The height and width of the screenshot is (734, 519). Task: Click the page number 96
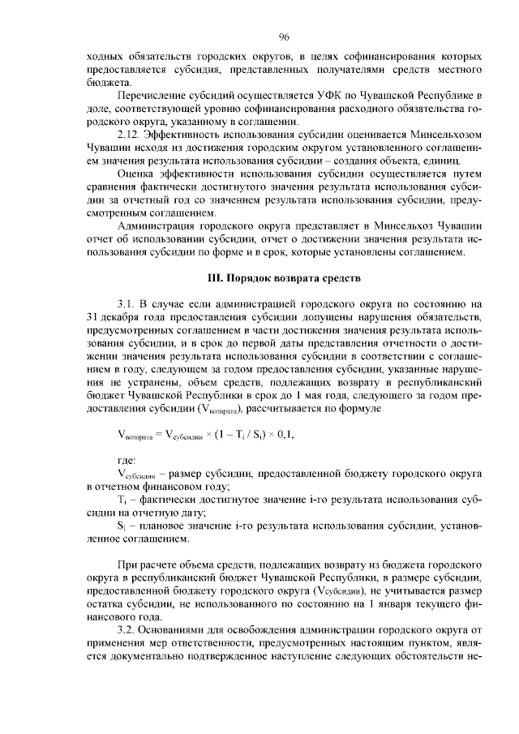coord(285,36)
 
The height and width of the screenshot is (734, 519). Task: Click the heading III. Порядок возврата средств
coord(285,278)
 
